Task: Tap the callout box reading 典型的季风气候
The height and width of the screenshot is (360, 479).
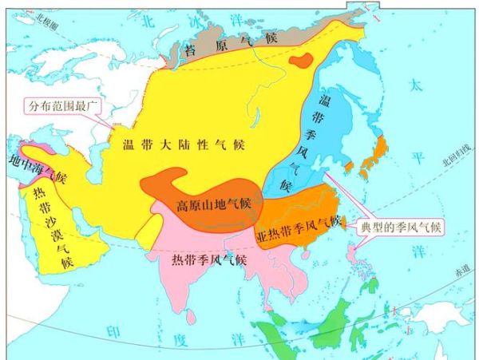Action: (403, 225)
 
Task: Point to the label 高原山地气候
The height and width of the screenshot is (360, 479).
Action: (214, 204)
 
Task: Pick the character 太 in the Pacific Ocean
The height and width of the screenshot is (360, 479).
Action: (416, 84)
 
